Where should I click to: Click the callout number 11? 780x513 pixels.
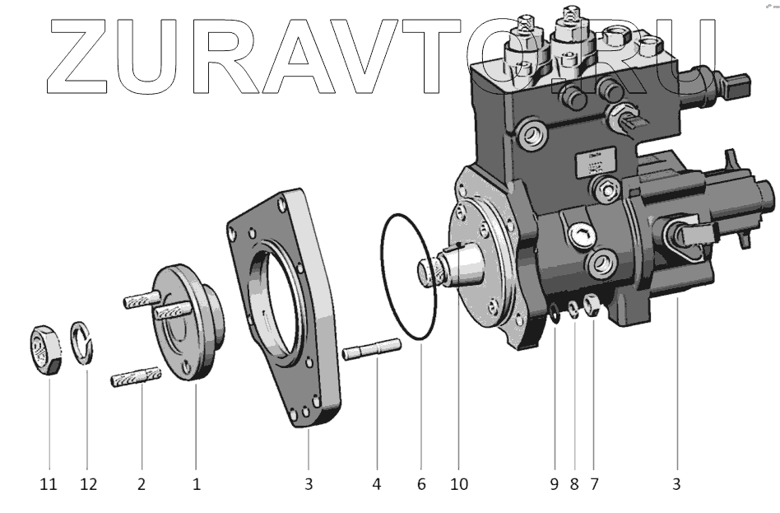pyautogui.click(x=49, y=485)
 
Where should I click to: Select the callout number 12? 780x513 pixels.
pyautogui.click(x=88, y=485)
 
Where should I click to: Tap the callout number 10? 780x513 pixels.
pyautogui.click(x=458, y=485)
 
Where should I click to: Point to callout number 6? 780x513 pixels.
pyautogui.click(x=421, y=485)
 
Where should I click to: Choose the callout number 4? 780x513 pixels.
pyautogui.click(x=377, y=485)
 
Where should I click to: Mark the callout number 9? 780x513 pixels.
pyautogui.click(x=555, y=485)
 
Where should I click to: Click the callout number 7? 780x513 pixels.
pyautogui.click(x=593, y=485)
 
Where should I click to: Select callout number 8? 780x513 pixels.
pyautogui.click(x=574, y=485)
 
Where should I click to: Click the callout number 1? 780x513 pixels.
pyautogui.click(x=197, y=485)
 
